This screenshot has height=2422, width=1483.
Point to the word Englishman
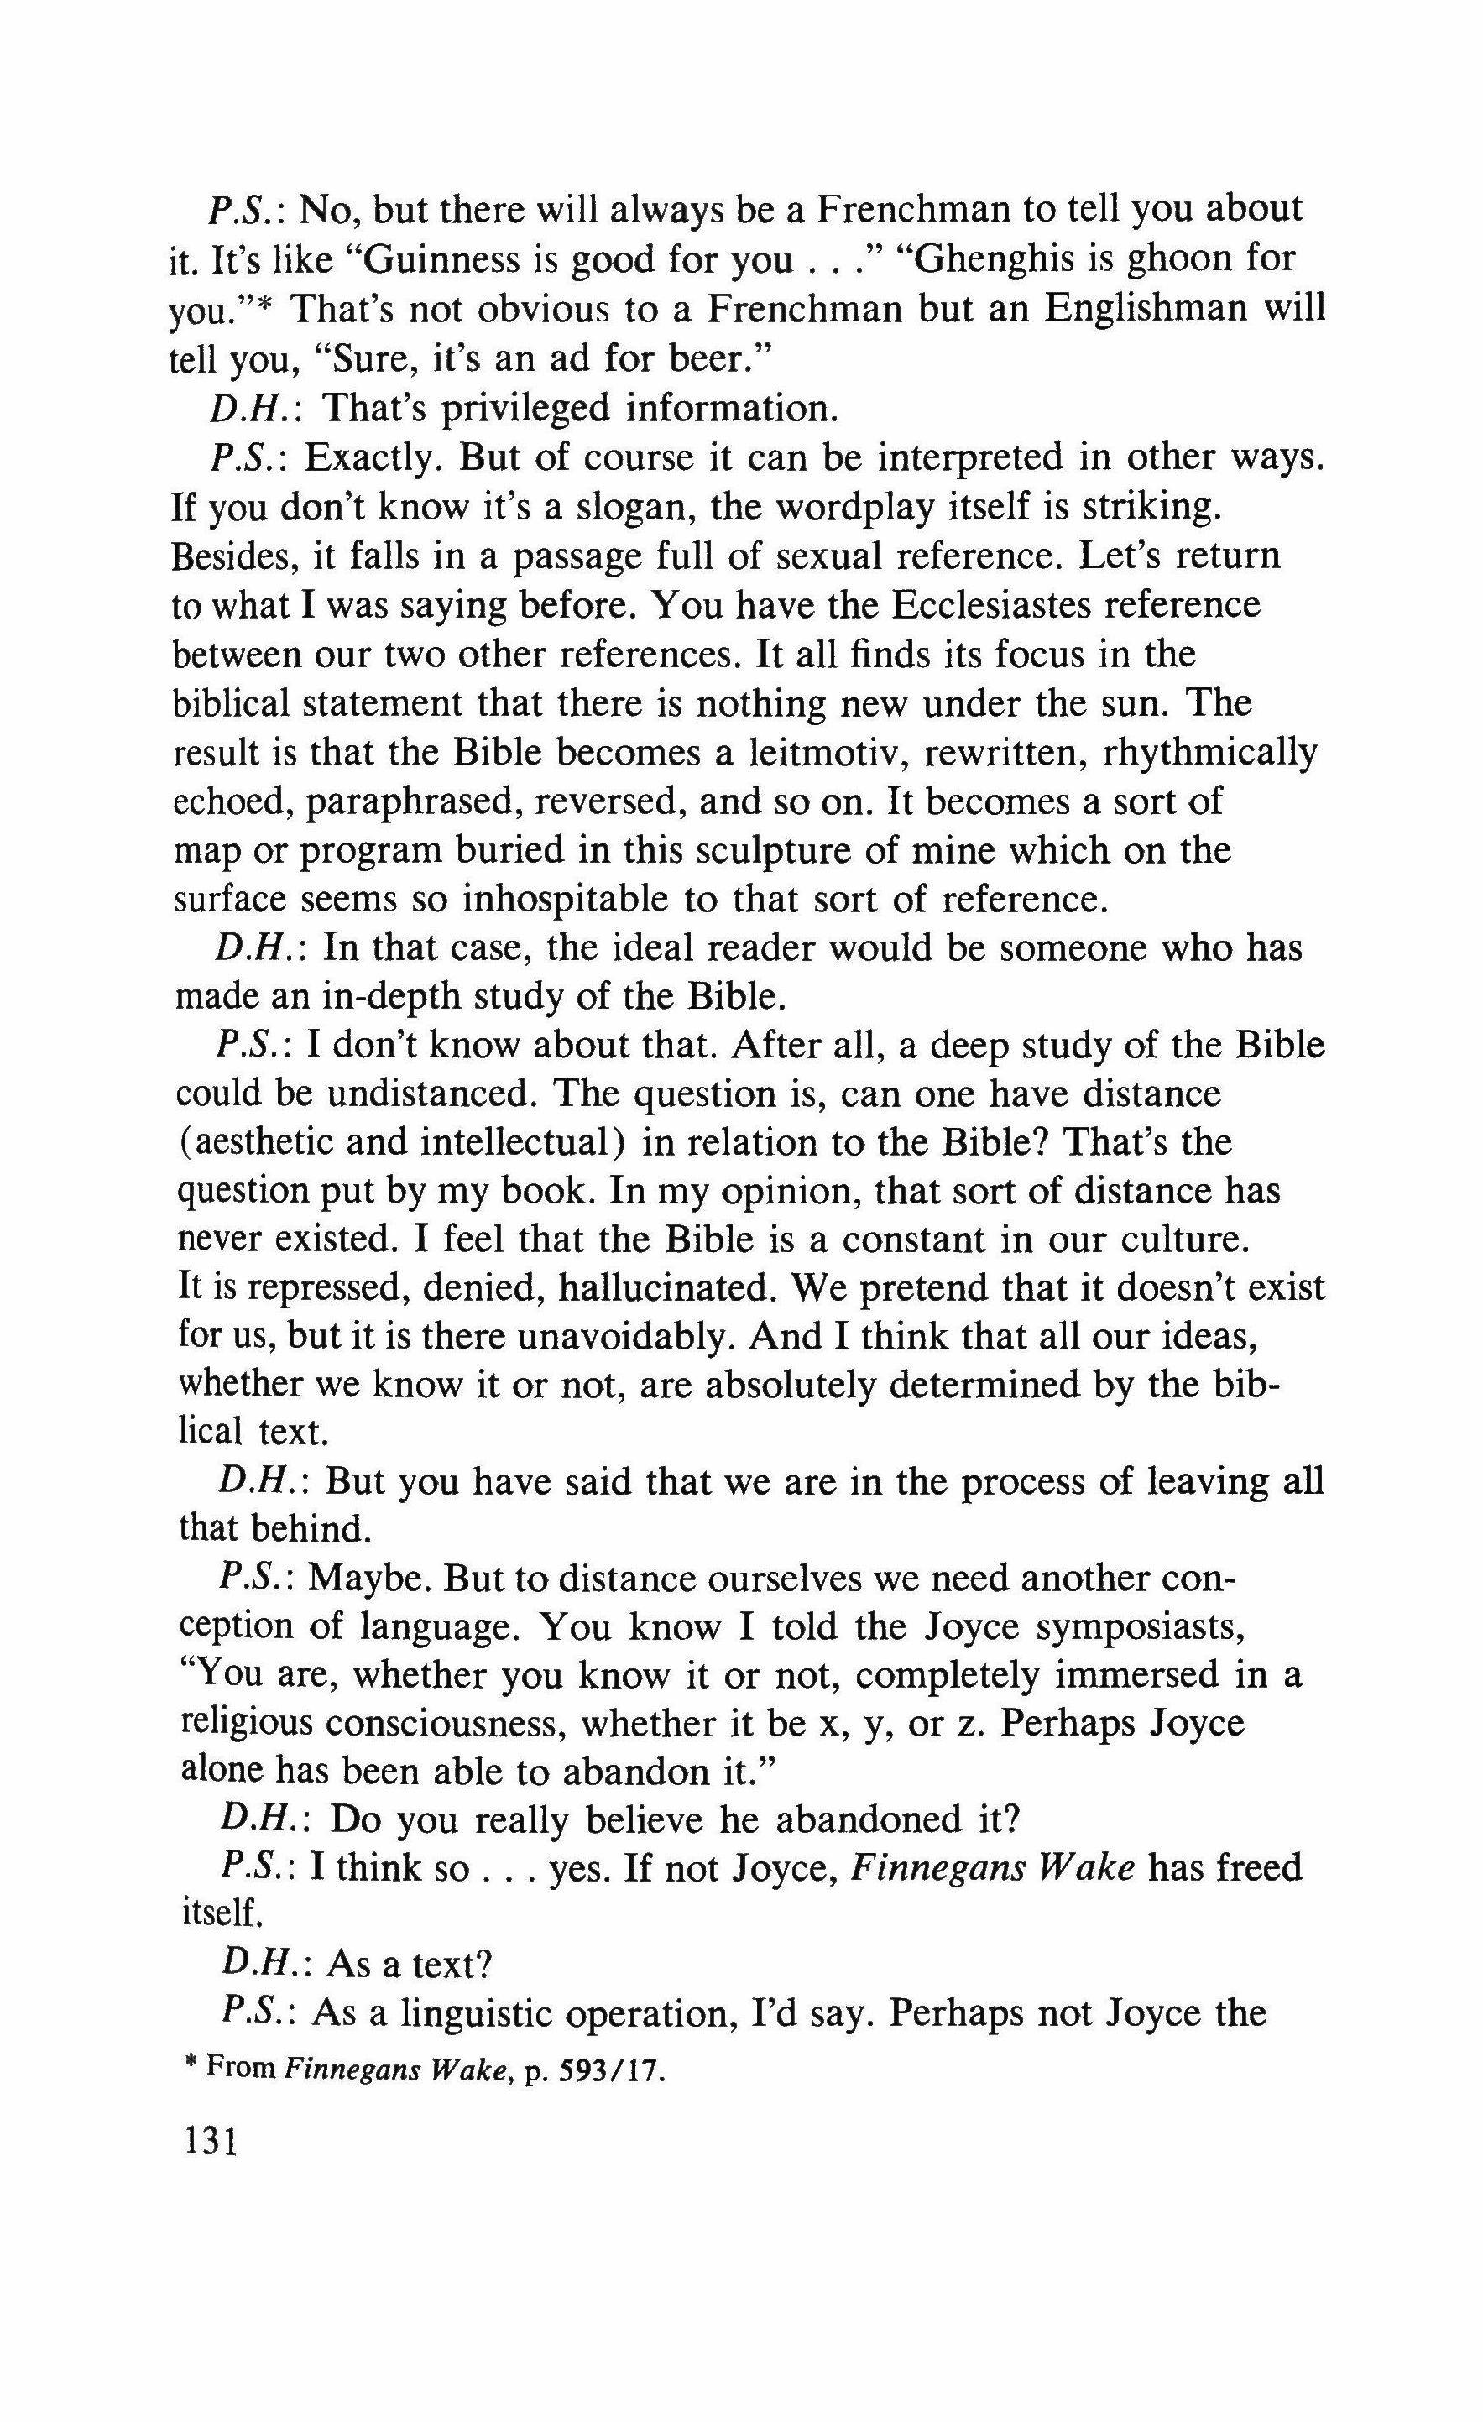click(1148, 309)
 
